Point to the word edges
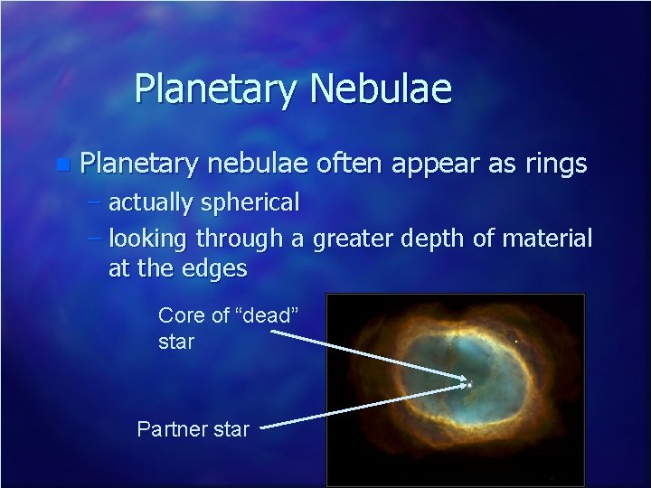218,269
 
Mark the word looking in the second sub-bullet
148,240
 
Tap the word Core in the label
177,315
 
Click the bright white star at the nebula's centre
469,385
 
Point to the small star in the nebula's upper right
515,343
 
